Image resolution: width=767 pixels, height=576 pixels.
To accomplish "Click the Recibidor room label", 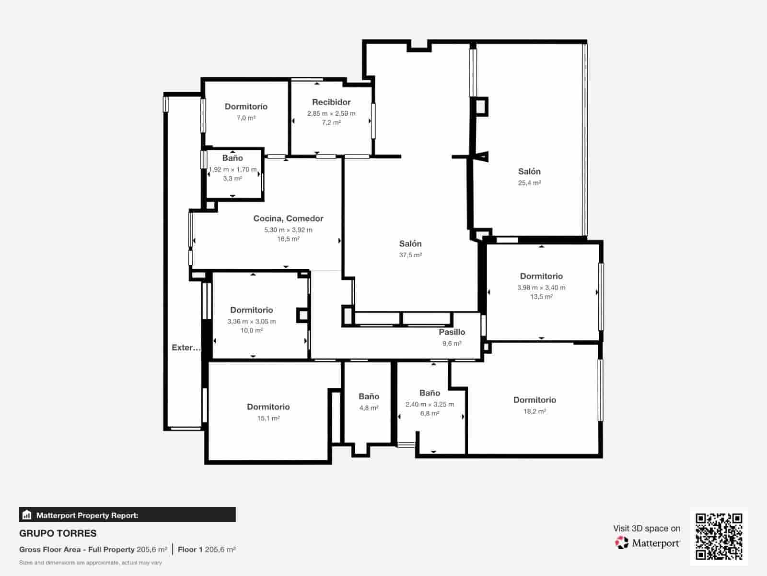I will coord(331,102).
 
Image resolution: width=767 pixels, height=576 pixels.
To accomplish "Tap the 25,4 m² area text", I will coord(529,183).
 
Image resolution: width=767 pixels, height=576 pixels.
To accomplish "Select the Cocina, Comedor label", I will coord(288,218).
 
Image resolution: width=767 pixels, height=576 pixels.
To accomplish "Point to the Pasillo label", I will coord(452,332).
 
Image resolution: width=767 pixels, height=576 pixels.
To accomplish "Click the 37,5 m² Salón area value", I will coord(410,255).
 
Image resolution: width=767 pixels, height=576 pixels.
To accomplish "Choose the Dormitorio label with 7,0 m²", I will coord(246,107).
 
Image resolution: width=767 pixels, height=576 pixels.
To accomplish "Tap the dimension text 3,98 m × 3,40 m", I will coord(541,288).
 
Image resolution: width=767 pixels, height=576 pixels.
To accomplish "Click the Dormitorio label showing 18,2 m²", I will coord(535,400).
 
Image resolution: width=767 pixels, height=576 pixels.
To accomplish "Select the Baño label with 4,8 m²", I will coord(369,396).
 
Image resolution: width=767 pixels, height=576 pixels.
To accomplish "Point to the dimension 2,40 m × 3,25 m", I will coord(430,404).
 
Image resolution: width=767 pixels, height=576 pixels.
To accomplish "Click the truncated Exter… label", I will coord(186,348).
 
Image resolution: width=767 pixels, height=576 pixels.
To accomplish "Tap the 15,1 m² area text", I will coord(268,418).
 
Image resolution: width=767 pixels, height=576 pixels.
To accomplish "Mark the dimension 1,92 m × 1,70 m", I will coord(233,169).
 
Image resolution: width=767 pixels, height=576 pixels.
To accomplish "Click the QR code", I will coord(719,536).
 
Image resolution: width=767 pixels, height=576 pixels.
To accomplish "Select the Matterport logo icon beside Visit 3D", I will coord(622,543).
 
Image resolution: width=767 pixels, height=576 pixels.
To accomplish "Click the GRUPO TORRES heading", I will coord(58,533).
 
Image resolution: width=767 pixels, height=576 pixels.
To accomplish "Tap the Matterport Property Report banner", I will coord(128,515).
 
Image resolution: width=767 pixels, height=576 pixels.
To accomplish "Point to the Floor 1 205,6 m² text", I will coord(207,550).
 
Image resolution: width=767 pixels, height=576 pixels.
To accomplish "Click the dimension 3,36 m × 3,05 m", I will coord(252,322).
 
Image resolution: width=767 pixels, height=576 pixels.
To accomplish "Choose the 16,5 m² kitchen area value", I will coord(288,239).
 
